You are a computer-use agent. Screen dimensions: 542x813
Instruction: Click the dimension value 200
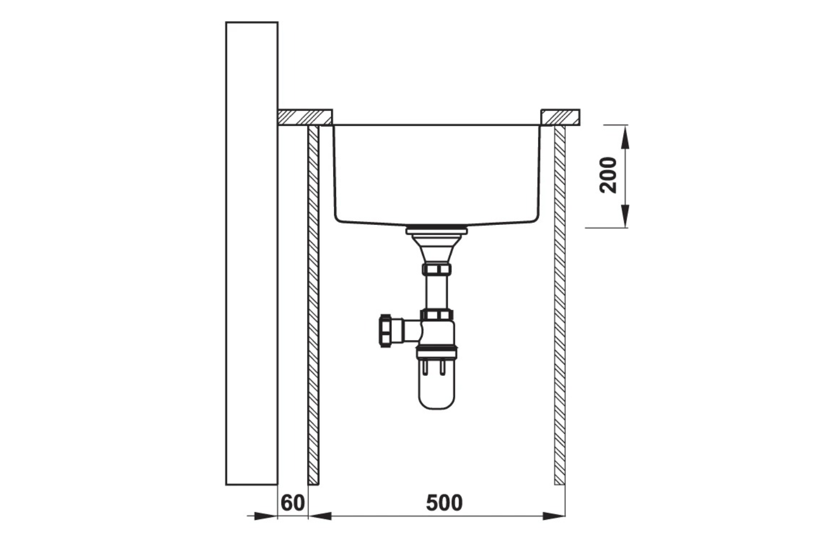tap(609, 175)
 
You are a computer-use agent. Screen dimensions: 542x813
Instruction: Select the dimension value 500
tap(444, 503)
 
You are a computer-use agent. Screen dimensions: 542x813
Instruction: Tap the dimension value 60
tap(293, 503)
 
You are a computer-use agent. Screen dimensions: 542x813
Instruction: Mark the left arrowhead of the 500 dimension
tap(321, 516)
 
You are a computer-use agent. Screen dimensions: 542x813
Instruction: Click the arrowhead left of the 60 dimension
tap(267, 516)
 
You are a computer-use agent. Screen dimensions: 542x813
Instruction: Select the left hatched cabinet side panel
tap(313, 304)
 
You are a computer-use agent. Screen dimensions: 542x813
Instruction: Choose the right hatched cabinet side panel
tap(559, 304)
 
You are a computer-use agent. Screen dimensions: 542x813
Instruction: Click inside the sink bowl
tap(436, 173)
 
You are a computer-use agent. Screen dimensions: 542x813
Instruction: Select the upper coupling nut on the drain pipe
tap(436, 269)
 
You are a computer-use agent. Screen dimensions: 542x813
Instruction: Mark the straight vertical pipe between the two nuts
tap(436, 293)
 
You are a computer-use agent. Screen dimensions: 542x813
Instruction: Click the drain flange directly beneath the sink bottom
tap(436, 229)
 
